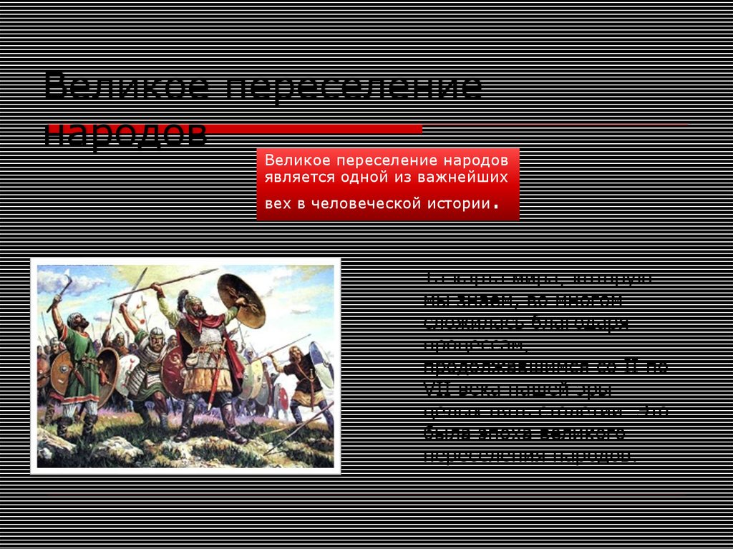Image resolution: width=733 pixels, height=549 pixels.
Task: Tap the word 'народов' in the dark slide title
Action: pos(126,132)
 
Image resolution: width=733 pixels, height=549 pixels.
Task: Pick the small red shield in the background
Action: pos(283,398)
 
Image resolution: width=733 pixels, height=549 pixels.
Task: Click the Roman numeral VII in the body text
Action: pos(437,390)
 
